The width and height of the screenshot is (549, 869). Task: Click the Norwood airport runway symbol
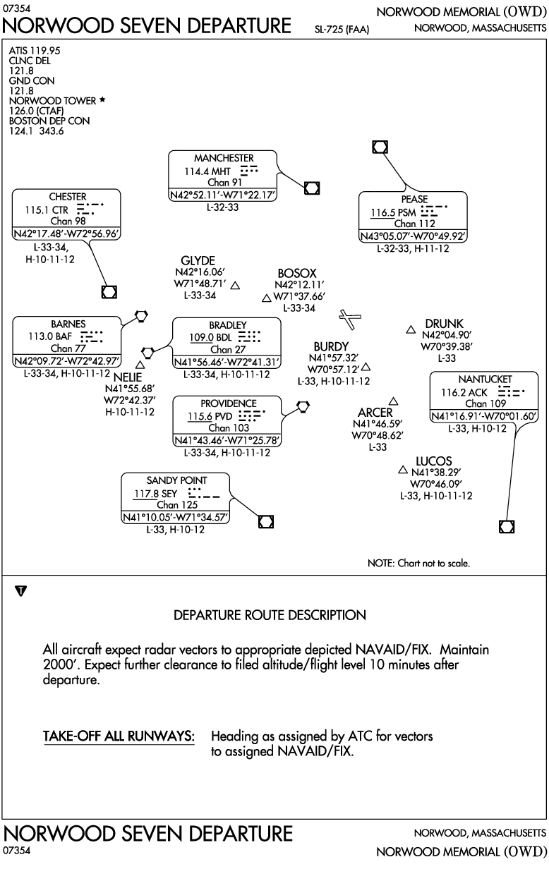click(x=350, y=319)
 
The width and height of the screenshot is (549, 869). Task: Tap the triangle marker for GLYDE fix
click(x=235, y=286)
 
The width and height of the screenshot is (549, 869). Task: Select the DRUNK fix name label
click(x=444, y=324)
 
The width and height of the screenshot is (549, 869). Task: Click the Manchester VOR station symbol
click(x=312, y=188)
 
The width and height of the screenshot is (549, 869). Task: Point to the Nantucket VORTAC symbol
click(x=507, y=526)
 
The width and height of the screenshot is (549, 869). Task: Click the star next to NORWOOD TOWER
click(x=102, y=99)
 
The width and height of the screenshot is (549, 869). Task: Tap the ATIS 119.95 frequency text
click(x=35, y=51)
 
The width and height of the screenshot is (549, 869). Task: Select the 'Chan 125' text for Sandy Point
click(x=177, y=505)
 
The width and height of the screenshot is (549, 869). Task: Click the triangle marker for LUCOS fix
click(x=403, y=470)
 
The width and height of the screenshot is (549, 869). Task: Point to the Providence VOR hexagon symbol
click(x=303, y=406)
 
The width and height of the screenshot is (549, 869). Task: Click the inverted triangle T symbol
click(x=21, y=591)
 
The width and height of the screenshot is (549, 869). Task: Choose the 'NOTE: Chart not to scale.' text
click(x=418, y=563)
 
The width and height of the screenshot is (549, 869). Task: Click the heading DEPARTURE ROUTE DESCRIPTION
click(x=270, y=615)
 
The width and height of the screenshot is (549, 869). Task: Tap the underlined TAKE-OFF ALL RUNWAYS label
click(x=119, y=736)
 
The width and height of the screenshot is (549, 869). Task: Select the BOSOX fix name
click(x=297, y=273)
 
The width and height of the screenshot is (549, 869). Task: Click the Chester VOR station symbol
click(x=109, y=292)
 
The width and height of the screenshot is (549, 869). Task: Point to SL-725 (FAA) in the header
click(x=342, y=30)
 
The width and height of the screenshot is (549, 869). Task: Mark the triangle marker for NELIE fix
click(x=140, y=365)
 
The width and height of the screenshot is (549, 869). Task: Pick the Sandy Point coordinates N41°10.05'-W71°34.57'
click(x=176, y=517)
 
